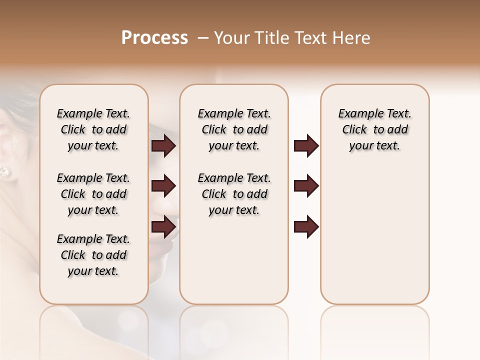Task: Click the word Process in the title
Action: (x=154, y=38)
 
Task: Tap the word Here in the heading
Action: (x=351, y=38)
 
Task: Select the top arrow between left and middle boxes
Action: (x=163, y=146)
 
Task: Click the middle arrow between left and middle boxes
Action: (x=163, y=186)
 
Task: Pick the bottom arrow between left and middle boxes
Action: (x=163, y=227)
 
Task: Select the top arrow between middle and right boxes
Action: (x=306, y=146)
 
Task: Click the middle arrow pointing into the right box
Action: (x=306, y=186)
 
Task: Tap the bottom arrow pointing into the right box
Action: (x=306, y=227)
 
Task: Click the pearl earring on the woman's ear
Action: (x=4, y=172)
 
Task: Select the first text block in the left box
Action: (x=93, y=129)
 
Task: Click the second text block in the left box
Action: (x=93, y=194)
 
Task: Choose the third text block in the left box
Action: (x=93, y=255)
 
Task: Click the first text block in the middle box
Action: (x=234, y=129)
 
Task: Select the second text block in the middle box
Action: (x=234, y=194)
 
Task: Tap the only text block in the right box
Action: (x=375, y=129)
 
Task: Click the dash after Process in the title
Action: (x=203, y=38)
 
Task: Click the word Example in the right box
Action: (x=358, y=113)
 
